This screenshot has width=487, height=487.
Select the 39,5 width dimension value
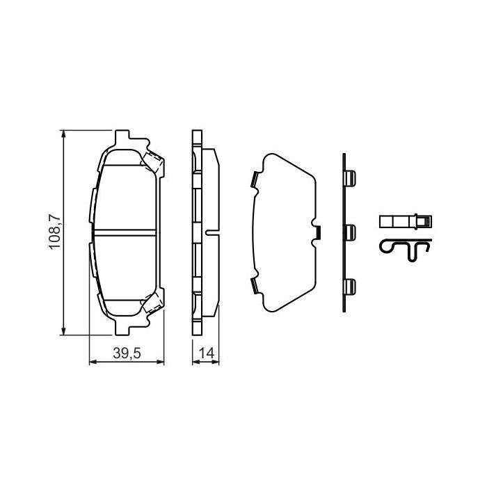click(x=127, y=353)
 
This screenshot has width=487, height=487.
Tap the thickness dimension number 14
click(x=205, y=353)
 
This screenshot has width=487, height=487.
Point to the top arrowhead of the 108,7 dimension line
click(x=64, y=134)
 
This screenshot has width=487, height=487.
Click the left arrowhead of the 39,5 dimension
click(x=94, y=362)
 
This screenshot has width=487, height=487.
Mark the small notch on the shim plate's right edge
click(x=317, y=231)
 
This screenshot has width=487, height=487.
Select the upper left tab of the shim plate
click(x=254, y=179)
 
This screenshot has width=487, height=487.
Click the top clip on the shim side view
click(x=351, y=179)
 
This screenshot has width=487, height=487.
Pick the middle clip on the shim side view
click(x=351, y=232)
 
